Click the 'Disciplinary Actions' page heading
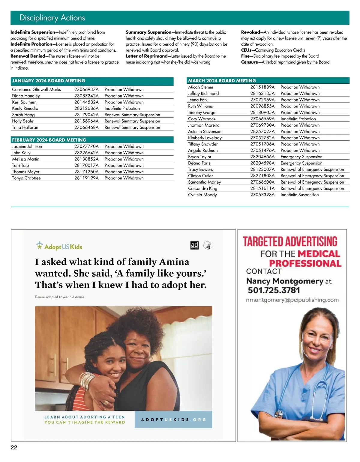point(52,18)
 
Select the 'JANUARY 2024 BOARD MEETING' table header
point(49,81)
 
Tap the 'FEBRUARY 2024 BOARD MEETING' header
point(49,140)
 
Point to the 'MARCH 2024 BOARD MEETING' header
point(222,81)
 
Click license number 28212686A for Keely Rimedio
point(86,108)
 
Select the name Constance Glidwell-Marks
point(36,89)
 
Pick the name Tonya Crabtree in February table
point(26,178)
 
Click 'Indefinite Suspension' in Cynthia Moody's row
point(299,195)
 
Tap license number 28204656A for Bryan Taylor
point(262,157)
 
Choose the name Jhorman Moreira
point(204,125)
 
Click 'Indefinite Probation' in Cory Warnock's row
point(298,119)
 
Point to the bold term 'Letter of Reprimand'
point(147,56)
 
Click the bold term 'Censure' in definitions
point(249,62)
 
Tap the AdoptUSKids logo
point(59,246)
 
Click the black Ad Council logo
point(194,245)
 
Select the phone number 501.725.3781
point(274,290)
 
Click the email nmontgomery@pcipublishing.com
point(292,300)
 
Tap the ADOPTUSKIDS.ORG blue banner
point(173,419)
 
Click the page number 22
point(14,447)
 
